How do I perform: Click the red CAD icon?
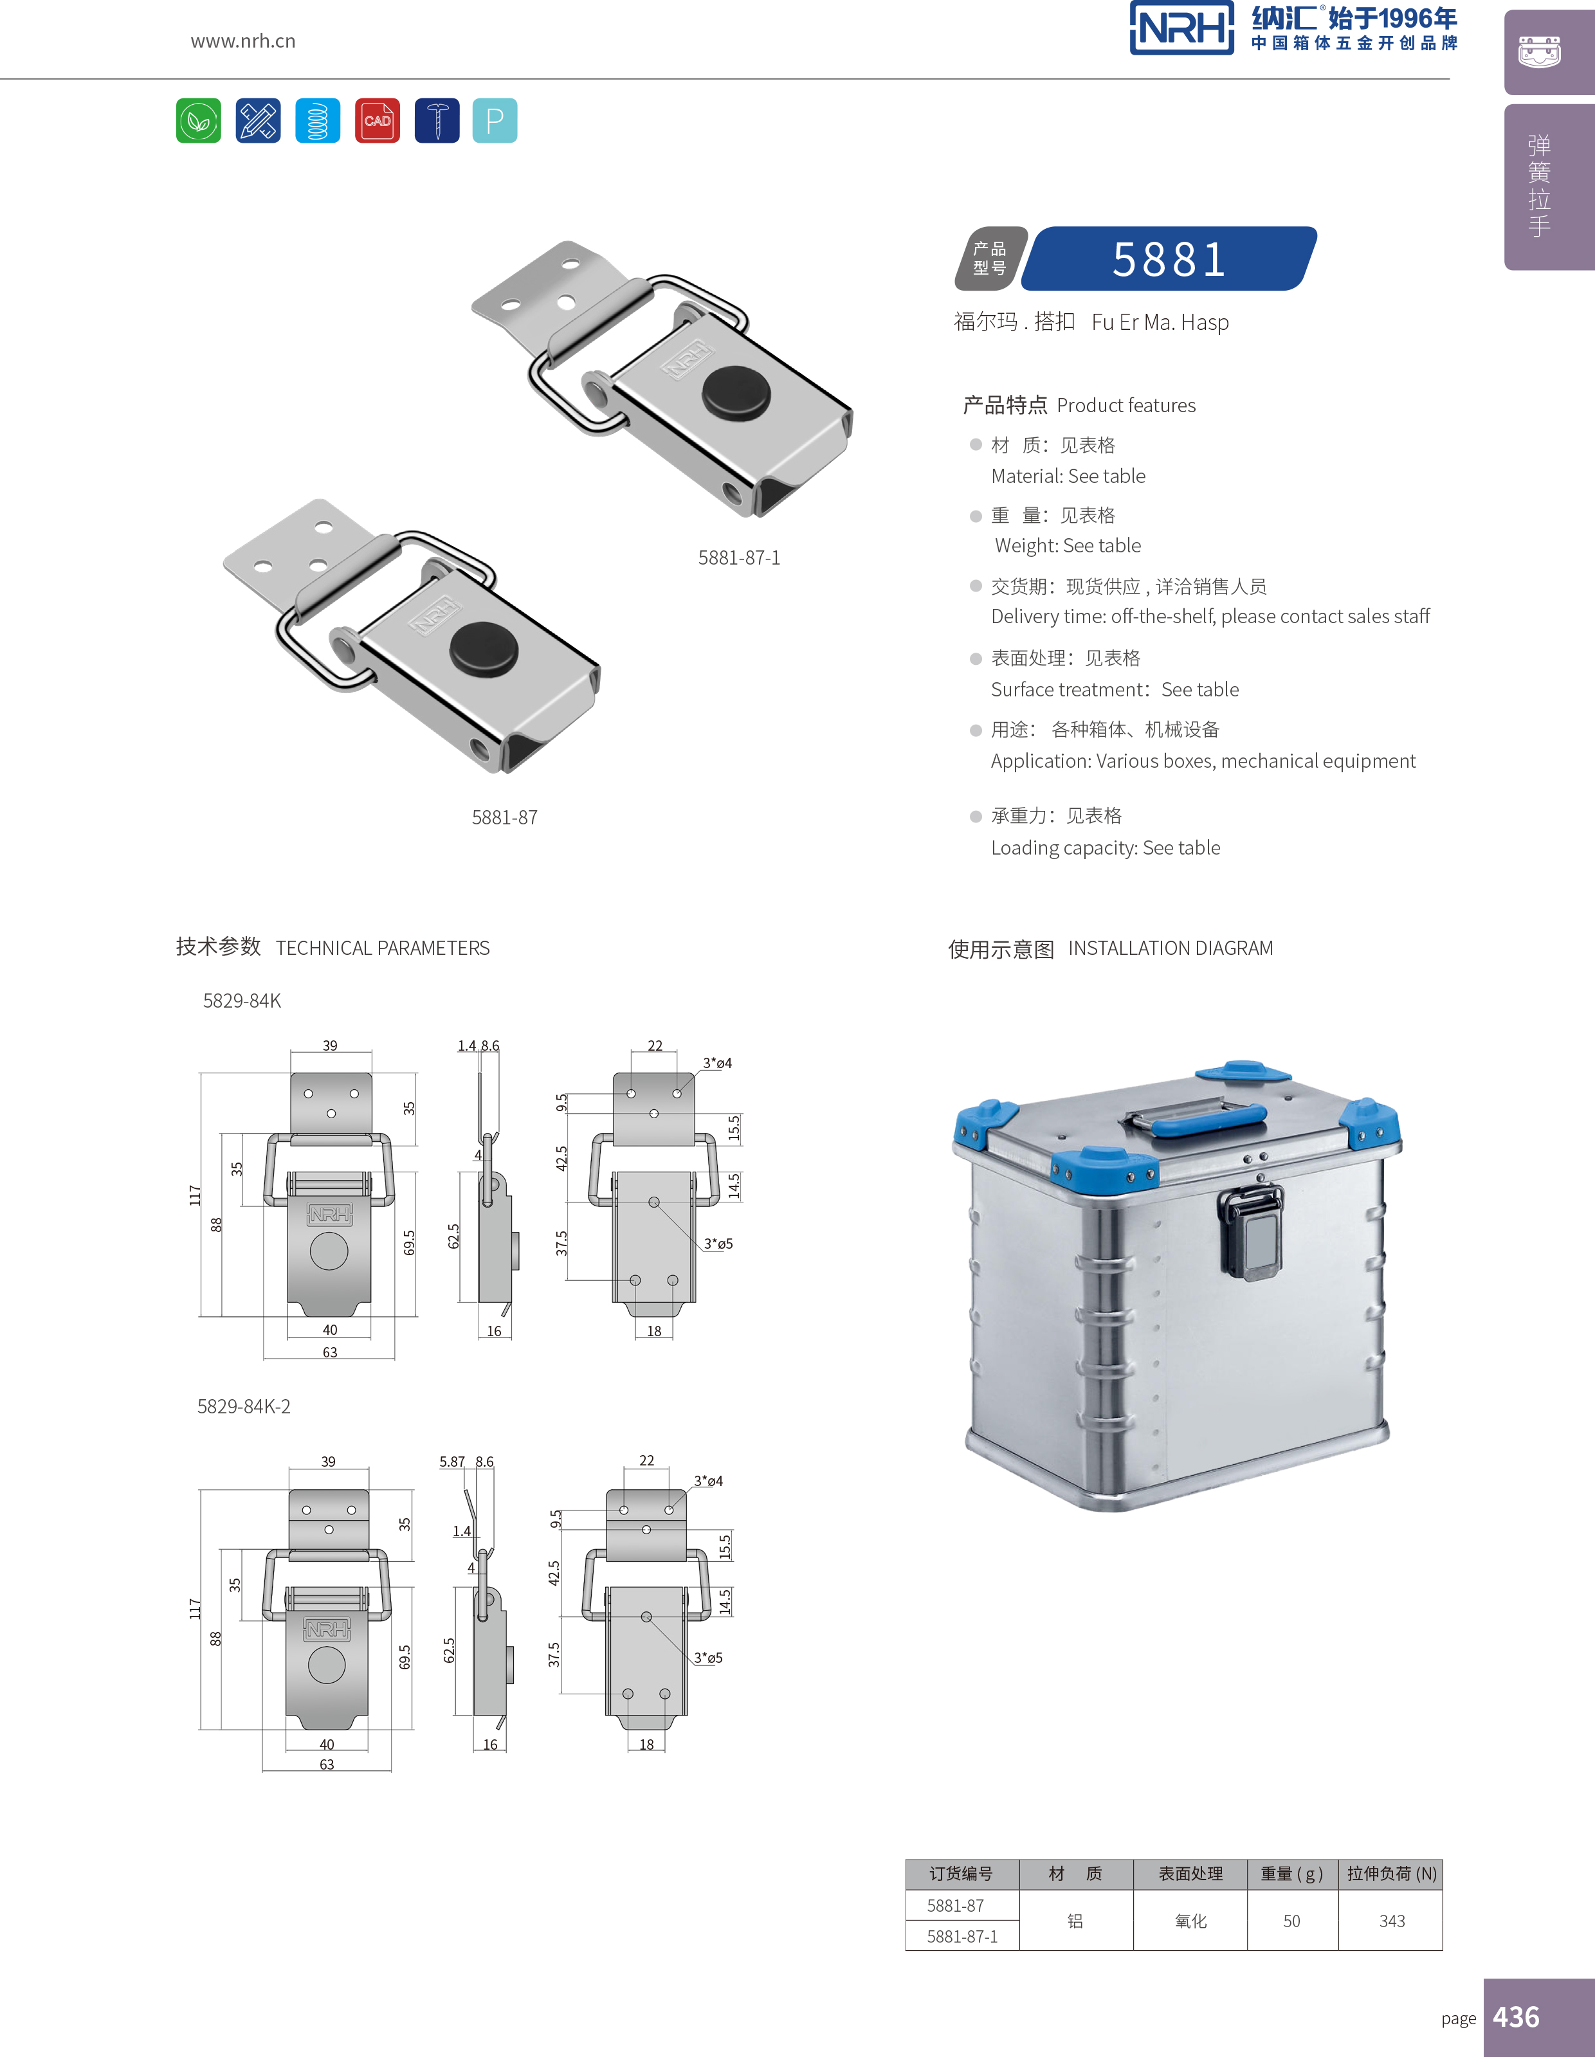[x=376, y=120]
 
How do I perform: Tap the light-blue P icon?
[x=494, y=120]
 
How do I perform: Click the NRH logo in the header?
[x=1181, y=28]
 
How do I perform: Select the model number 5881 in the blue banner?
[x=1169, y=259]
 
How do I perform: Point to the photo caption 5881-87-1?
[x=739, y=558]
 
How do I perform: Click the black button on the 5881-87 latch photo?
[x=484, y=648]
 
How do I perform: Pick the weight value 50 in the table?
[x=1291, y=1921]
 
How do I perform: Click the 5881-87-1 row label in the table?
[x=962, y=1936]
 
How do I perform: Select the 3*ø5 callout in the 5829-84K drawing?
[x=718, y=1244]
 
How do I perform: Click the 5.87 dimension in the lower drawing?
[x=452, y=1462]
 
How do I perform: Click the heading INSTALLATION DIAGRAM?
[x=1171, y=948]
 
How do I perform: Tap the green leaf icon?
[x=199, y=120]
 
